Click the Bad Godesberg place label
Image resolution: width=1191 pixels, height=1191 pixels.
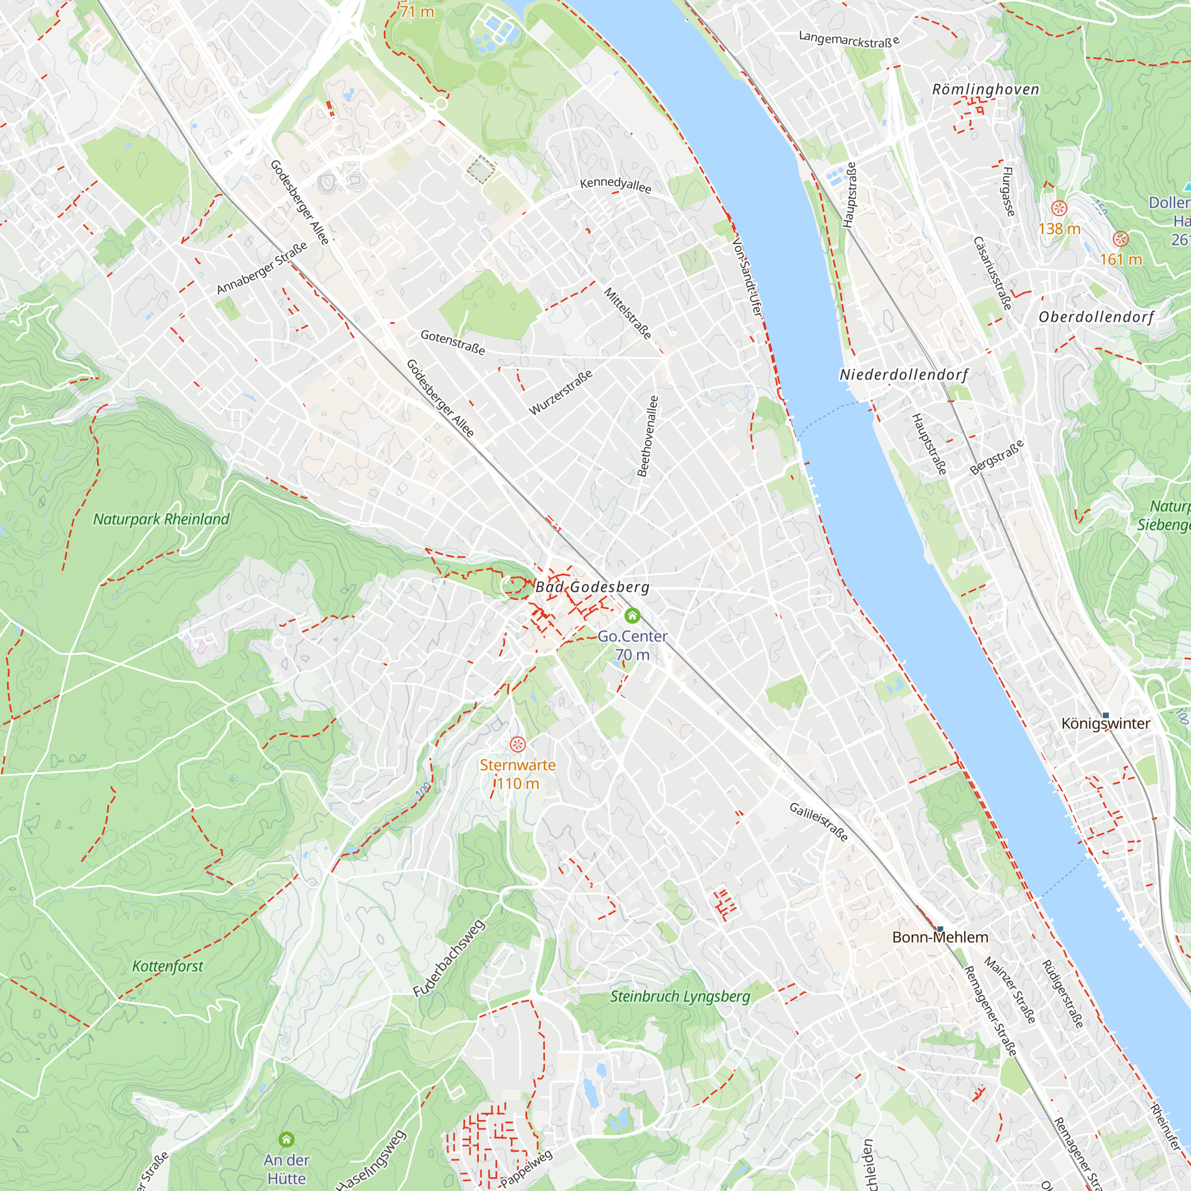pos(592,587)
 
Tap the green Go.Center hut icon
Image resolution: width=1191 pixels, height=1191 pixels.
pos(632,615)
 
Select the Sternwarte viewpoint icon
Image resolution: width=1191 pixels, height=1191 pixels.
pos(518,745)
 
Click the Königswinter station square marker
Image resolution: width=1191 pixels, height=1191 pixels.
pos(1105,716)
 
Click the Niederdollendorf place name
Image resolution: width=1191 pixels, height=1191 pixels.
pos(904,375)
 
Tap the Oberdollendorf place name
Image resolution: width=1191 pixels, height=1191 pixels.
pos(1096,317)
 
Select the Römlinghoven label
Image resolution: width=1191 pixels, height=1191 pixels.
pos(985,89)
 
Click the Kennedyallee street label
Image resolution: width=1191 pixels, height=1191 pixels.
pos(615,185)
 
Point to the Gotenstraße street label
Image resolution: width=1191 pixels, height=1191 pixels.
pos(453,342)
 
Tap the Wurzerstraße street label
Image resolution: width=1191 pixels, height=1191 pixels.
pos(561,392)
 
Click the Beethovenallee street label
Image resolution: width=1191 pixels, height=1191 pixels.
pos(647,436)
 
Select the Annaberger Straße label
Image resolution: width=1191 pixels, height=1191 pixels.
pos(262,268)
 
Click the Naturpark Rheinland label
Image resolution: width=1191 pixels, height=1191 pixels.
pos(161,519)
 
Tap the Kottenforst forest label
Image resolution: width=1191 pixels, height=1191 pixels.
pos(168,966)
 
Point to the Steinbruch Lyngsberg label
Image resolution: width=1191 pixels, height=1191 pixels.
pos(680,997)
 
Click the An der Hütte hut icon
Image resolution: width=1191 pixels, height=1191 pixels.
pos(286,1139)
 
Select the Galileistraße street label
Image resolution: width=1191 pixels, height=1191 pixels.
pos(819,822)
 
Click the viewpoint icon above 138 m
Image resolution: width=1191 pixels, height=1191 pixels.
pos(1059,208)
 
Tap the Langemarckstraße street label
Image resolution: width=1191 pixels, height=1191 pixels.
pos(849,39)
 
